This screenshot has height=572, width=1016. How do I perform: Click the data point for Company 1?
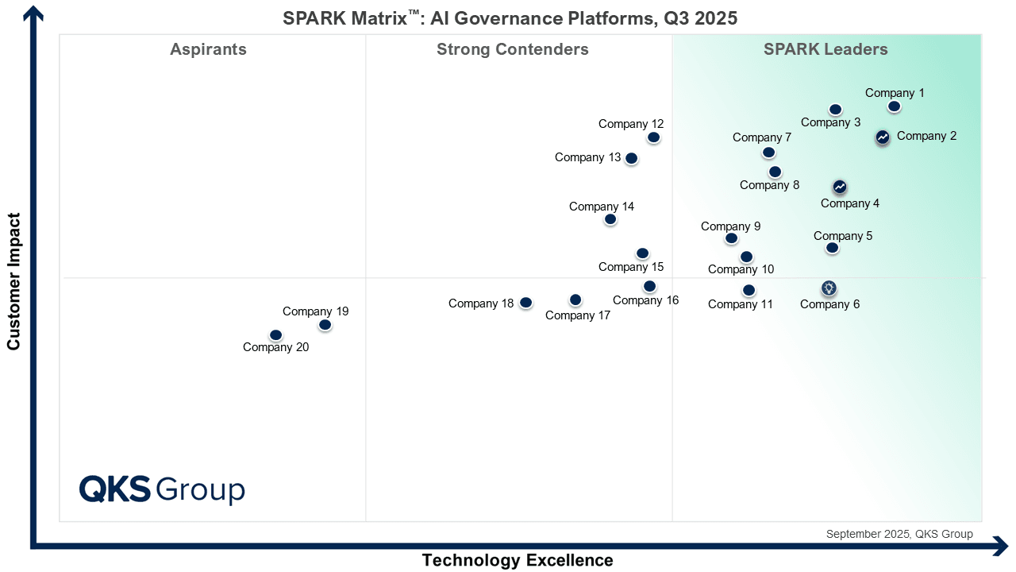pos(895,106)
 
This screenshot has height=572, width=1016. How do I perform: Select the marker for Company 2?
pos(883,137)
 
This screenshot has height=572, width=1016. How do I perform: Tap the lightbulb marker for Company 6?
pos(829,288)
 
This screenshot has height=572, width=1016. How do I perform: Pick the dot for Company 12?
pos(654,137)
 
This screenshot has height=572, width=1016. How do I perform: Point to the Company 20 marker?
pos(276,335)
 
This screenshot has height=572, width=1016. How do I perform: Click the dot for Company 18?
pos(525,303)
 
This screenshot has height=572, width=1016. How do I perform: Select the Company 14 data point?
pos(610,219)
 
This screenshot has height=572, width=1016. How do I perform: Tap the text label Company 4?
pos(850,203)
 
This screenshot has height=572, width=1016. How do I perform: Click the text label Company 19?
pos(316,311)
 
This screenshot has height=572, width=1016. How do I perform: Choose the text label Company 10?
pos(741,269)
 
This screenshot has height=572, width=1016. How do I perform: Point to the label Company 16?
pos(646,300)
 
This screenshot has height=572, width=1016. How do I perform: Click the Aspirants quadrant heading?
pos(208,50)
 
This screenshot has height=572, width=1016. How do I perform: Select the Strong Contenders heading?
pos(513,50)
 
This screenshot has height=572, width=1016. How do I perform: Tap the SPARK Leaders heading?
pos(825,50)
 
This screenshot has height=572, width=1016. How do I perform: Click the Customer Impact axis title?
pos(13,280)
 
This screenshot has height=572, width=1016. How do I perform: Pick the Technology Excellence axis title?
pos(518,560)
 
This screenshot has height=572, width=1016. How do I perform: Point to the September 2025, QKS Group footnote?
pos(899,534)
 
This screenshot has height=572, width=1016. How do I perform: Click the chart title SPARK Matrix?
pos(510,18)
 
